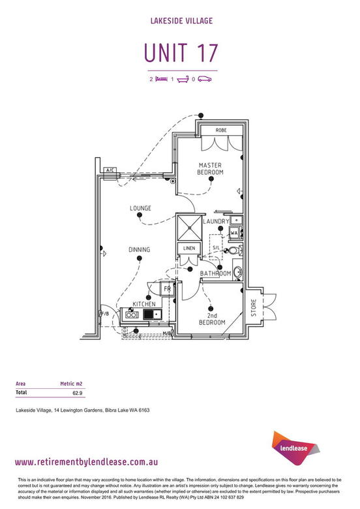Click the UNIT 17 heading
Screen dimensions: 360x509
(181, 53)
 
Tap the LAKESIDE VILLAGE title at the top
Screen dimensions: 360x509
(181, 21)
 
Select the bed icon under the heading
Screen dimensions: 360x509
(162, 79)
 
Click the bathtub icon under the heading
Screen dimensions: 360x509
(183, 79)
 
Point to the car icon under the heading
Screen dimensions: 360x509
(205, 79)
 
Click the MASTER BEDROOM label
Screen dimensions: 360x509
(210, 169)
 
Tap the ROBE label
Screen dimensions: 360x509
(221, 130)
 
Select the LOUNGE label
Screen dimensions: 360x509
(140, 208)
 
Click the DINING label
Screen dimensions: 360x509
(139, 250)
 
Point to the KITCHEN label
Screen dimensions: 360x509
(144, 304)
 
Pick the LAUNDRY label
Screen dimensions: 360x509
(216, 221)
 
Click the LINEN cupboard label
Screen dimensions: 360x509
(189, 248)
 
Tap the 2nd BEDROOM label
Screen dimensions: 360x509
(212, 318)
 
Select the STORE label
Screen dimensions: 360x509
(254, 307)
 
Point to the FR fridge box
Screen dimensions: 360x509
(168, 288)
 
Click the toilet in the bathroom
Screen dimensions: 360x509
(235, 251)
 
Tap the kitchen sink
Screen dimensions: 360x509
(153, 315)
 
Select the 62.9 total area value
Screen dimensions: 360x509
(77, 393)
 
